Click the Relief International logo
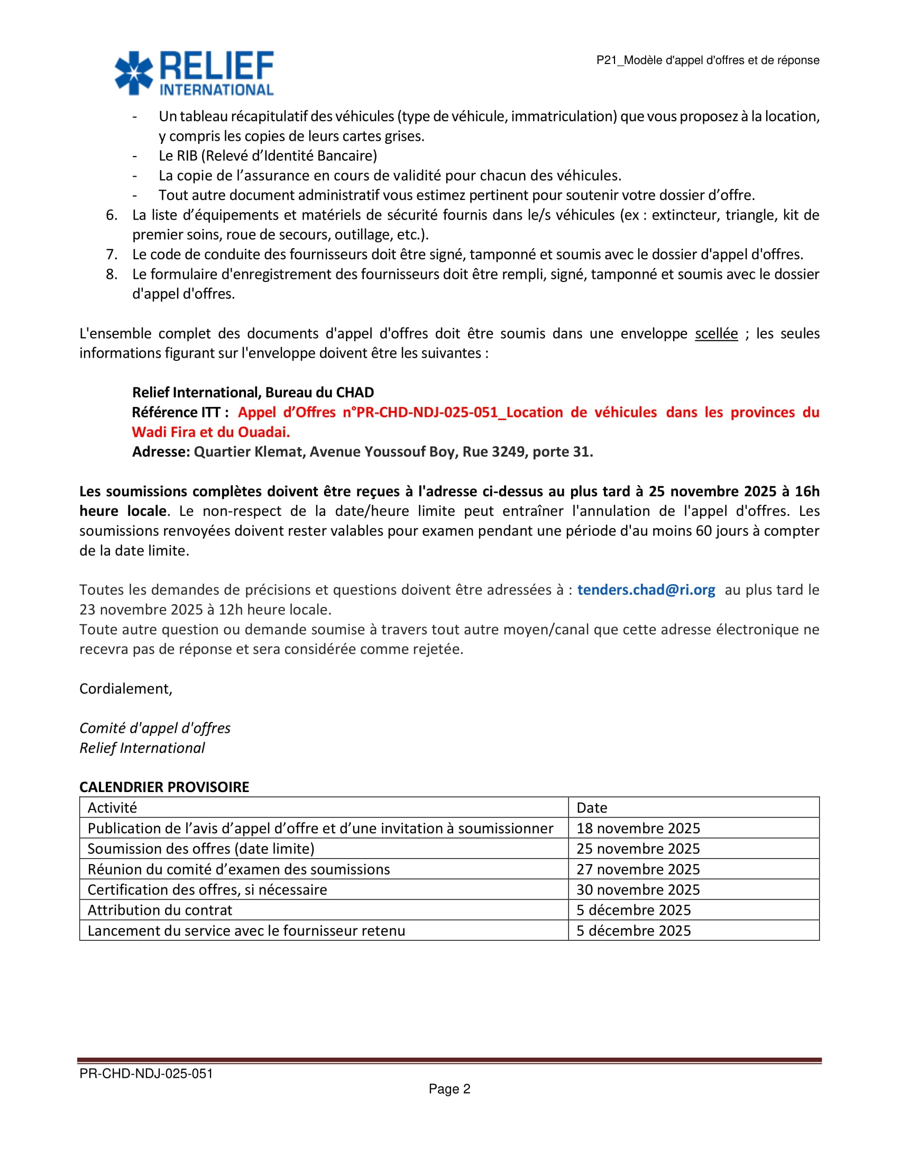195,73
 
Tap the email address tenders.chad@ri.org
646,589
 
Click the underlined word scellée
717,334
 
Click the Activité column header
112,807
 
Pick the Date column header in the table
592,807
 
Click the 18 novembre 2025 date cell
638,828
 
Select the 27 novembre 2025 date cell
638,869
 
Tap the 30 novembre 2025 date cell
638,889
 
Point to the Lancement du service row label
246,931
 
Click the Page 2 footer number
449,1089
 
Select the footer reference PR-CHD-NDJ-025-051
146,1074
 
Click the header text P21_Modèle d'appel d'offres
707,60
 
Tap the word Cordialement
126,688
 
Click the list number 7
111,255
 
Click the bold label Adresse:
161,452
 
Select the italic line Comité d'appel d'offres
155,728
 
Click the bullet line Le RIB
268,156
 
